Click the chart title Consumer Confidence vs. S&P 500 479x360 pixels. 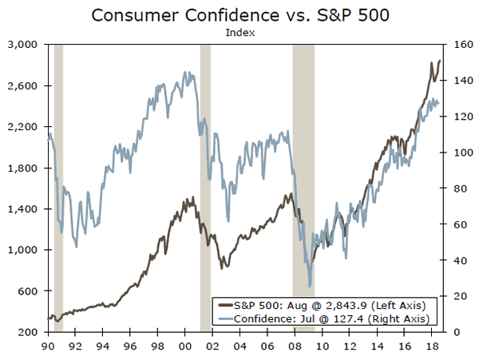[x=239, y=15]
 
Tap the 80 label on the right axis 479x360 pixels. [x=460, y=188]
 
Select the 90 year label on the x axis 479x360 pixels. [x=48, y=347]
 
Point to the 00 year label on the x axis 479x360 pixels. [x=185, y=347]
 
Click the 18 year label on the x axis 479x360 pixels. [x=432, y=347]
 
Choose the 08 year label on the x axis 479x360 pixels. [x=295, y=347]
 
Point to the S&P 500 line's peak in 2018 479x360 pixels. [x=439, y=61]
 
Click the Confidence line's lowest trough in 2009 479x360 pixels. [x=310, y=285]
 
